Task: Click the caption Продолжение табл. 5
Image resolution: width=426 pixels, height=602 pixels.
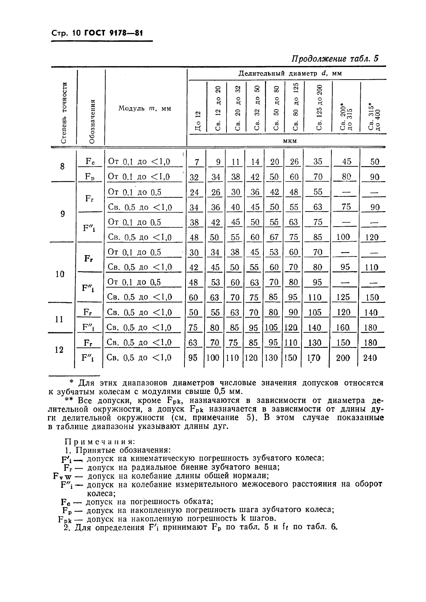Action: [x=335, y=58]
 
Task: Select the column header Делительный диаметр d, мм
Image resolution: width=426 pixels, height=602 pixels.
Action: [x=290, y=74]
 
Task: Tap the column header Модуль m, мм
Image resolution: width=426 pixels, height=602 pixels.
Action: [x=145, y=108]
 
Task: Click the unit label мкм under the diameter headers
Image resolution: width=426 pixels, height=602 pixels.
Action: [x=290, y=141]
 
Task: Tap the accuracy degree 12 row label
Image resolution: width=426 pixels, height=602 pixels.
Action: [x=60, y=350]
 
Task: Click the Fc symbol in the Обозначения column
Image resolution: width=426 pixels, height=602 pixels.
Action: [x=90, y=161]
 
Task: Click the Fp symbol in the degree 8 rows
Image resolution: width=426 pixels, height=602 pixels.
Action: [x=90, y=177]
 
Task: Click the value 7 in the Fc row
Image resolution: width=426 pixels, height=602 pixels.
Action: [x=197, y=162]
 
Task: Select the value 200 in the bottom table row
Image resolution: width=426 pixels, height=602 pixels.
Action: [x=343, y=357]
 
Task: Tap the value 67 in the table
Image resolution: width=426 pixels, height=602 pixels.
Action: [x=274, y=237]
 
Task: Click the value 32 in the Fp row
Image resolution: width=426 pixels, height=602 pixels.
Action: [x=194, y=177]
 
